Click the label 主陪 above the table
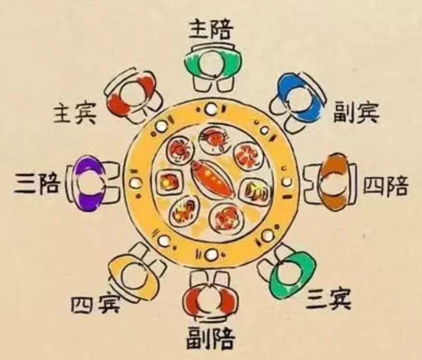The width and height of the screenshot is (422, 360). [x=211, y=30]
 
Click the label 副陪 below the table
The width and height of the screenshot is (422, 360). [x=211, y=338]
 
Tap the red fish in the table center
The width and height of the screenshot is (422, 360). [x=212, y=179]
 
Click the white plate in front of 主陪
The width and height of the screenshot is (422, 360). [x=211, y=109]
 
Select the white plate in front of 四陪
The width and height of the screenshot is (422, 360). [x=287, y=182]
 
